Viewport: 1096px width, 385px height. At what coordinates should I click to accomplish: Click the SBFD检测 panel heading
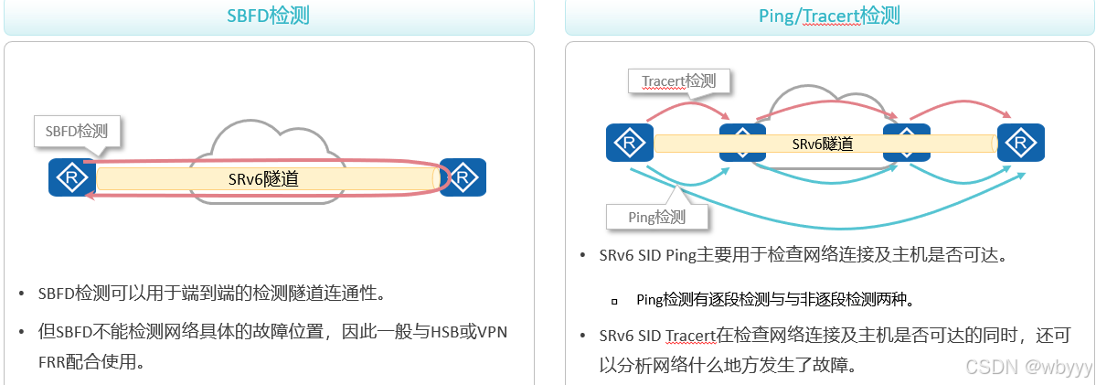click(269, 16)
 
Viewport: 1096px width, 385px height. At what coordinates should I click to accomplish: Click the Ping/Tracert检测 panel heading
click(829, 16)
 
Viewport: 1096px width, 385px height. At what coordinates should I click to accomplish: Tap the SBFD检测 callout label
click(78, 131)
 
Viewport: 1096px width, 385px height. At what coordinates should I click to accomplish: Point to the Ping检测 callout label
click(657, 217)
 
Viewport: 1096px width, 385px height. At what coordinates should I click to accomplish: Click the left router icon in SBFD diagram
click(72, 177)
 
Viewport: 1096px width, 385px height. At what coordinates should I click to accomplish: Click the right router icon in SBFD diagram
click(463, 177)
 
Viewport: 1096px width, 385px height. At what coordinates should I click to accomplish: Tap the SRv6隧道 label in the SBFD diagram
click(263, 179)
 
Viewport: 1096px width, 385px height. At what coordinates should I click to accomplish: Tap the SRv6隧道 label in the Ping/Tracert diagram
click(823, 144)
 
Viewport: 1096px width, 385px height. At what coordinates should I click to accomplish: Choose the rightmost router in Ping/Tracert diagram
click(1020, 143)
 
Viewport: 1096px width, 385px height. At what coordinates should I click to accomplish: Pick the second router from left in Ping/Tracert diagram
click(742, 143)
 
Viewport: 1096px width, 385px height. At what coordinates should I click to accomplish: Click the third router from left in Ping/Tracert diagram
click(906, 143)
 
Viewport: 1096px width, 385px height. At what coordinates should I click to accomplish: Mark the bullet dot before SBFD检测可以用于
click(22, 294)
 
